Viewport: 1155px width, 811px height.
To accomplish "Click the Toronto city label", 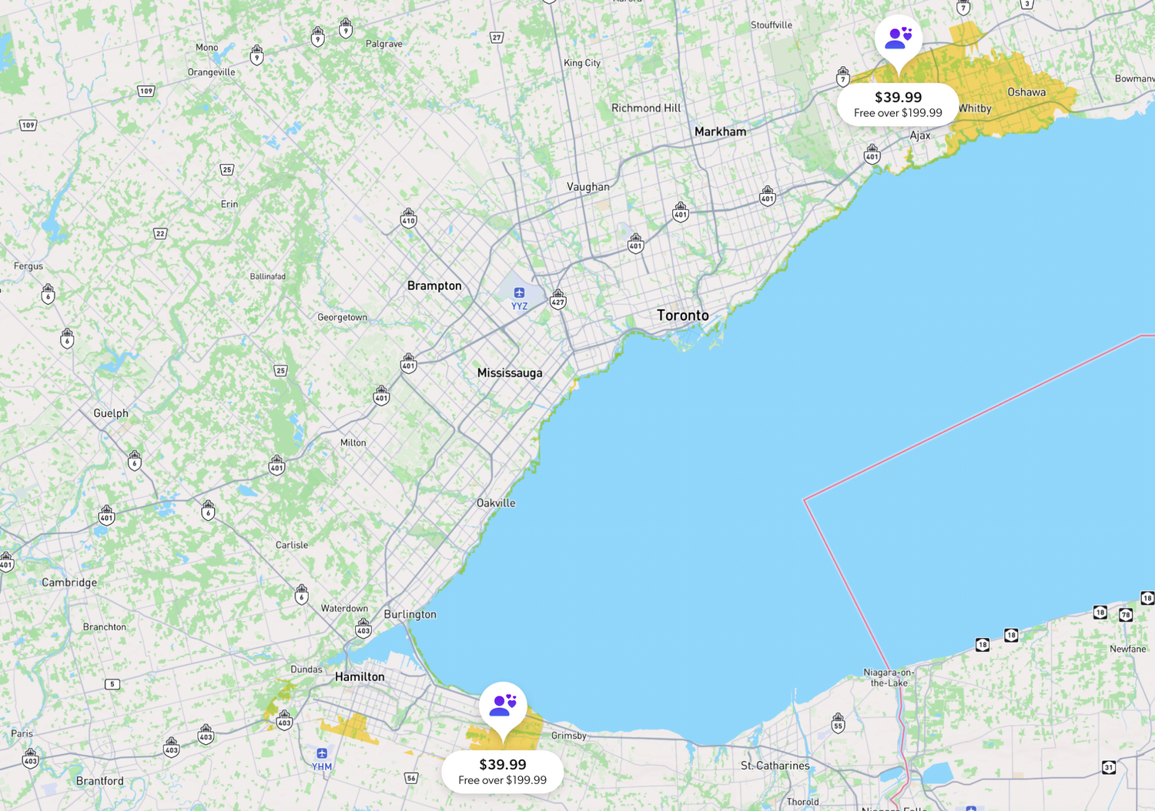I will tap(682, 315).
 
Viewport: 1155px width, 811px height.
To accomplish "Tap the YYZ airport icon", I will tap(520, 292).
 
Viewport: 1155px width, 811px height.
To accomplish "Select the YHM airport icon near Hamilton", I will tap(322, 753).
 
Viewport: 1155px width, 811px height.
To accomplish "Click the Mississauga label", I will tap(510, 372).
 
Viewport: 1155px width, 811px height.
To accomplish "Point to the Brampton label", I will tap(434, 285).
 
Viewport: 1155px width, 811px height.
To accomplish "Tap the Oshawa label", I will tap(1026, 92).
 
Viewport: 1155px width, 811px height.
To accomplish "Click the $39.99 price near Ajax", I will tap(898, 97).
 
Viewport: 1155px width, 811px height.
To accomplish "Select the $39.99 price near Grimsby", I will tap(503, 764).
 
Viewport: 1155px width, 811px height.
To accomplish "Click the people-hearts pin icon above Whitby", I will tap(898, 38).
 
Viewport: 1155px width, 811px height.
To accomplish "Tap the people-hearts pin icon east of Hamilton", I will tap(504, 704).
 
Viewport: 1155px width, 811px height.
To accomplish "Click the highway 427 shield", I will tap(558, 299).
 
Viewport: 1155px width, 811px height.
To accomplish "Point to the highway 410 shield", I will tap(409, 219).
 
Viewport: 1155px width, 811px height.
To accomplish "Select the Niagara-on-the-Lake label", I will tap(889, 677).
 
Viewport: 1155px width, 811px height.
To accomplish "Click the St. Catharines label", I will tap(775, 766).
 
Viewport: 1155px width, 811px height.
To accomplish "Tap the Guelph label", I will tap(111, 413).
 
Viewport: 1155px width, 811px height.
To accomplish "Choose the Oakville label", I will tap(496, 503).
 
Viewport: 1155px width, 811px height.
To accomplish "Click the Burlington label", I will tap(410, 614).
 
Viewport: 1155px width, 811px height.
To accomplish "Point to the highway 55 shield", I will tap(838, 723).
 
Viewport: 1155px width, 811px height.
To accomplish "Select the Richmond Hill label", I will tap(646, 108).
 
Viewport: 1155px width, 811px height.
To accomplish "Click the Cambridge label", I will tap(69, 582).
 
